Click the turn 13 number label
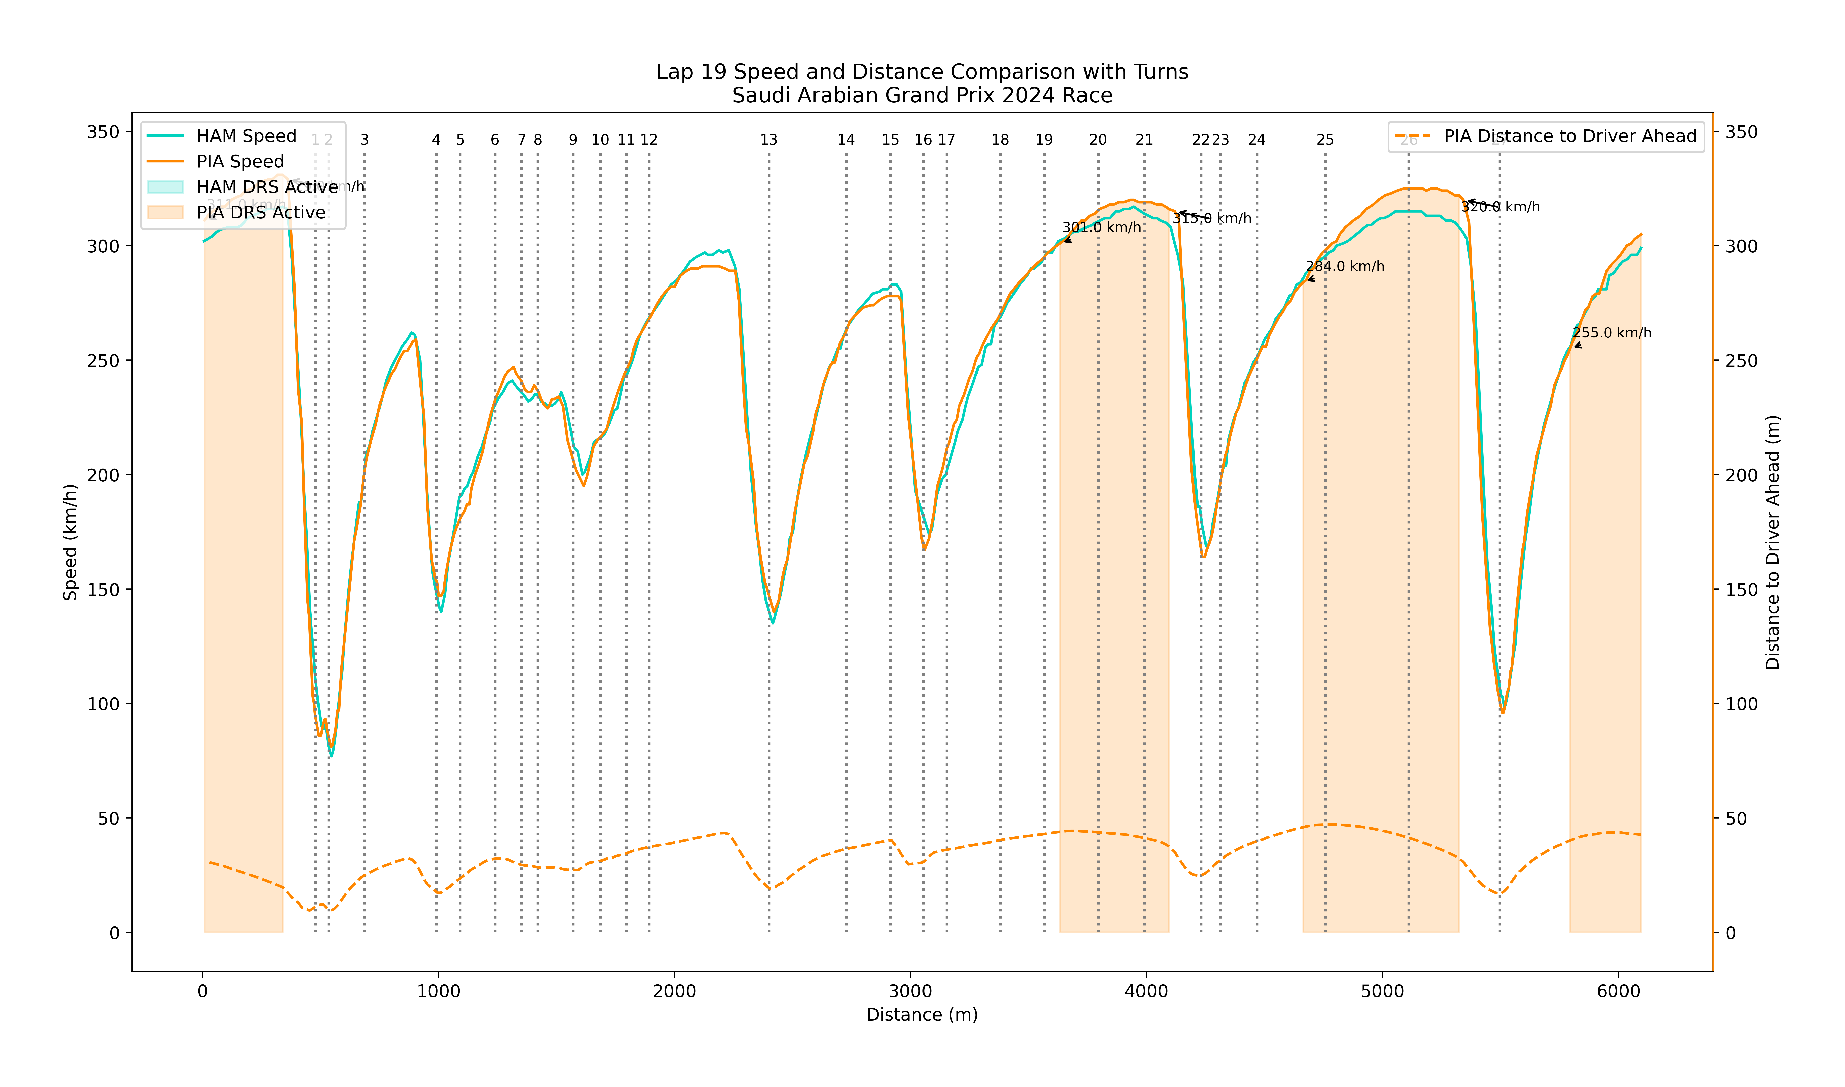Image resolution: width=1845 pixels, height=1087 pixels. coord(768,140)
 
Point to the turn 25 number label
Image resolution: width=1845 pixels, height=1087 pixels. coord(1325,140)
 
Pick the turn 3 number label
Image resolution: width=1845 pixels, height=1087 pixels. coord(364,140)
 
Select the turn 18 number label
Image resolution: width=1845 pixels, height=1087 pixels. coord(1000,140)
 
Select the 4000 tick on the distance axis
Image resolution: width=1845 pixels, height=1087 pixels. coord(1146,992)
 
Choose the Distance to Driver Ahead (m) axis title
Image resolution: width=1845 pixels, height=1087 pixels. coord(1772,542)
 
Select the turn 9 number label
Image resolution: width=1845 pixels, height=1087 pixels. coord(573,140)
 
